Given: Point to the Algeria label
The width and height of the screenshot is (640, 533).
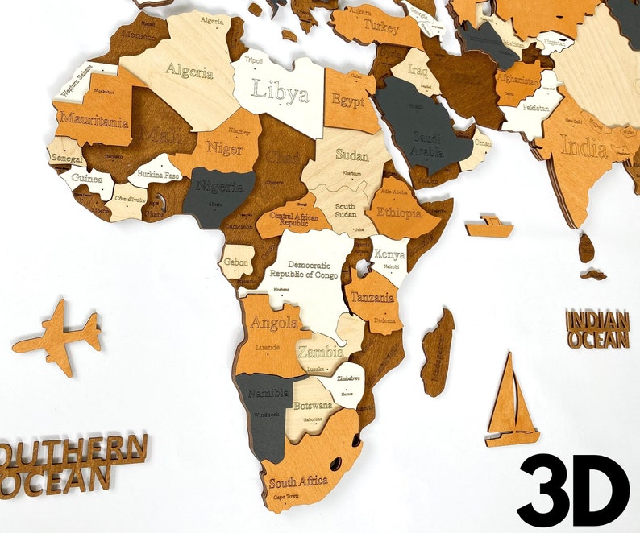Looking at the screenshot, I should point(189,70).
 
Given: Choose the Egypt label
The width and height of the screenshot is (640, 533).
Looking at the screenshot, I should point(347,102).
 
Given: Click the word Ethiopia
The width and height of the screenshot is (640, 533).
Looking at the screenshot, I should point(394,213).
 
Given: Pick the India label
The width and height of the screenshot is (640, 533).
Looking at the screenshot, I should point(584,147).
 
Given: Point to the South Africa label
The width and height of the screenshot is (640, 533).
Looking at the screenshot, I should point(298,482).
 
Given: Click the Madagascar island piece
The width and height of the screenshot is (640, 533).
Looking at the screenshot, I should point(438,352).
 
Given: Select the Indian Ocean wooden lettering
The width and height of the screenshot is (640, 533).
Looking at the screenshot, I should point(597,329).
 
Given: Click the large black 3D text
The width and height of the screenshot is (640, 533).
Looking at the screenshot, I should point(573,489).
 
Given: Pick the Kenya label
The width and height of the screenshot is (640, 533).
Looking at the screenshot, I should point(389,254).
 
